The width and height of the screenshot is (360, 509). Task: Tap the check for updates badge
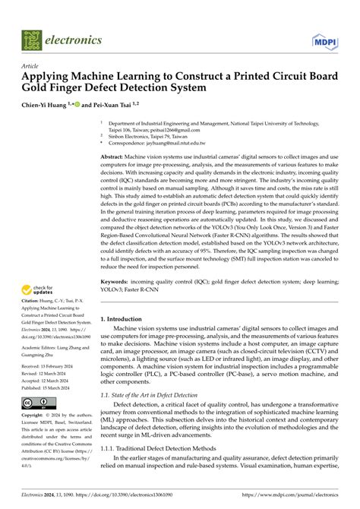[x=37, y=289]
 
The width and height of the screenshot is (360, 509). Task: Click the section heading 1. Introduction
[x=125, y=299]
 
